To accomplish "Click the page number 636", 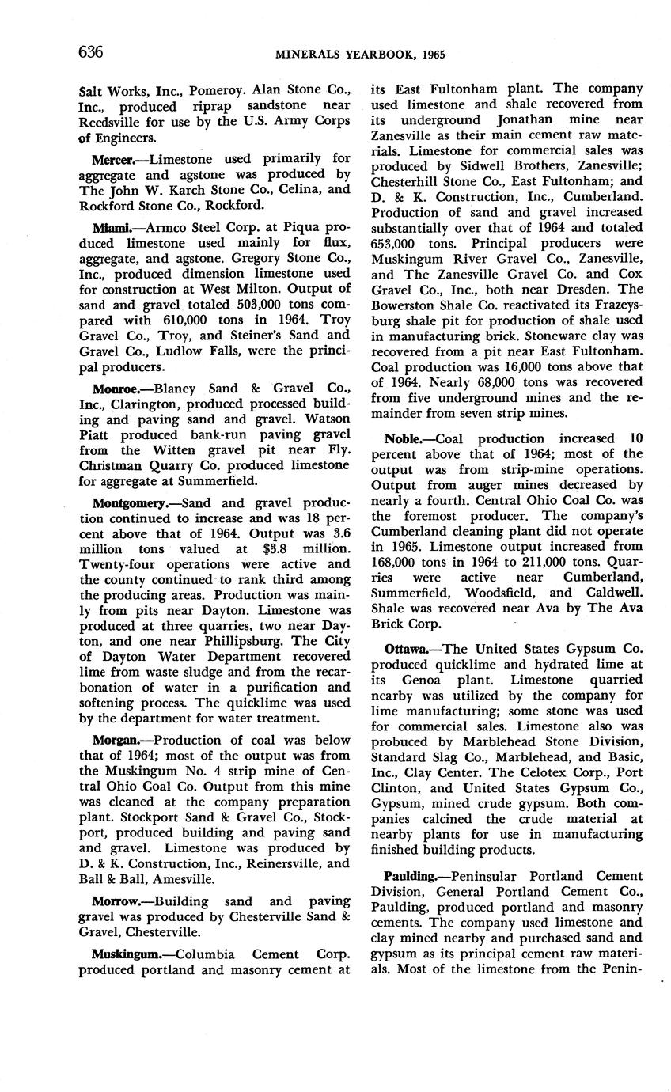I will pyautogui.click(x=91, y=52).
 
